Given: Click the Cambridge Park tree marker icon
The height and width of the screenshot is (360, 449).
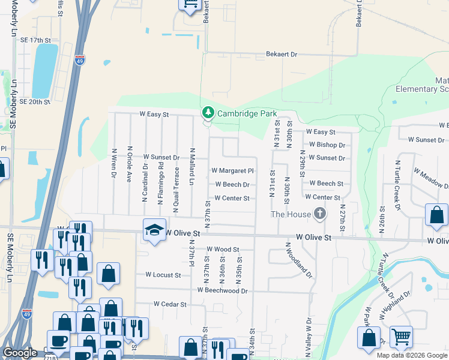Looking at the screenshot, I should [208, 112].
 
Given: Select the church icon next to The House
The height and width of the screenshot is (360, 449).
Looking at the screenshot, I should [320, 214].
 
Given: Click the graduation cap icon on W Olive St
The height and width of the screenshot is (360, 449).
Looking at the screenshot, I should [154, 230].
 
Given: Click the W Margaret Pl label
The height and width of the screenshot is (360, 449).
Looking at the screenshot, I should [233, 170].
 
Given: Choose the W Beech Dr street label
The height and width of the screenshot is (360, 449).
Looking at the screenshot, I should [232, 185].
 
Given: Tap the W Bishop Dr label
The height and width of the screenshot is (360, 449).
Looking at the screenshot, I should [327, 145].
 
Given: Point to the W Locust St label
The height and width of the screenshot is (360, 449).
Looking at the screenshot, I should [163, 275].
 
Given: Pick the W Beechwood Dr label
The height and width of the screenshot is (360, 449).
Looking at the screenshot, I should [223, 290].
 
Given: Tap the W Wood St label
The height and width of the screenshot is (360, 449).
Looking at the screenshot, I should [223, 249].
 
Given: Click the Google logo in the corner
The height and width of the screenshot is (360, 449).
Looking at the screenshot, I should [20, 353].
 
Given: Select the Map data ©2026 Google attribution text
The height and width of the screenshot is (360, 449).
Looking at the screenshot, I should [412, 355].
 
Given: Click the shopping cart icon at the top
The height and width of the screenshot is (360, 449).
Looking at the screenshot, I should [190, 5].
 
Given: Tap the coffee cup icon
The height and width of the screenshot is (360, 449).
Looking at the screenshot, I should [58, 341].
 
